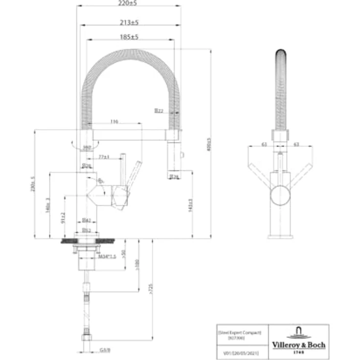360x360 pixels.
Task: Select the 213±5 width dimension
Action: click(x=129, y=22)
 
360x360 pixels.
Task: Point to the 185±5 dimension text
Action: click(x=129, y=37)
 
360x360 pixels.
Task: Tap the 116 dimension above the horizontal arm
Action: click(x=114, y=121)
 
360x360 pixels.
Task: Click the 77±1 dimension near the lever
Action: click(x=104, y=157)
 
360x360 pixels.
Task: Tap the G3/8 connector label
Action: click(x=104, y=350)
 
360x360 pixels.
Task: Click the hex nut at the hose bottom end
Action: click(x=87, y=338)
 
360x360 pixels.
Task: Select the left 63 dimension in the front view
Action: click(x=264, y=144)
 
